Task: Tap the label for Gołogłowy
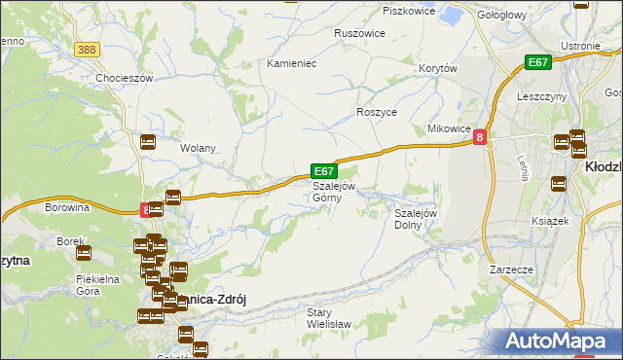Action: tap(503, 15)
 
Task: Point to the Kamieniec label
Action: tap(292, 63)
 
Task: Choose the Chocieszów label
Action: tap(125, 78)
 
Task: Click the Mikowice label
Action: tap(450, 129)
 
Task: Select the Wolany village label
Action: tap(198, 149)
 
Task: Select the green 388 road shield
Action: tap(88, 50)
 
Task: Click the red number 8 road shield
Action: tap(480, 139)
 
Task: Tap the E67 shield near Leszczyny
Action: tap(538, 62)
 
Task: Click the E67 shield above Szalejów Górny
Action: tap(324, 170)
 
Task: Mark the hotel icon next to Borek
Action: tap(84, 253)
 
